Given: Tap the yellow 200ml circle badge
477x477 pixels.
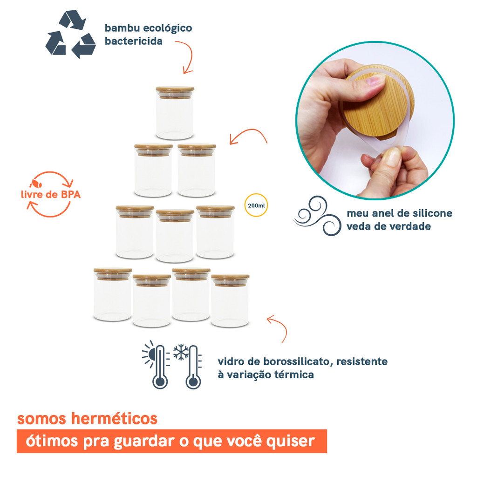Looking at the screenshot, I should pyautogui.click(x=256, y=205).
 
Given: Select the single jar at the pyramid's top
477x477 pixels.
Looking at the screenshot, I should pyautogui.click(x=175, y=113).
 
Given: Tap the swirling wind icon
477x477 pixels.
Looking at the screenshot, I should pyautogui.click(x=317, y=217).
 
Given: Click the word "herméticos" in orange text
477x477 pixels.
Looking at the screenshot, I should pyautogui.click(x=116, y=418).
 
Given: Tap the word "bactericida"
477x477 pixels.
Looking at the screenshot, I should pyautogui.click(x=134, y=41).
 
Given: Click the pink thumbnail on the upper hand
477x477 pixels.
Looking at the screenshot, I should pyautogui.click(x=375, y=83).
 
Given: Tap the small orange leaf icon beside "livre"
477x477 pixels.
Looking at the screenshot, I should pyautogui.click(x=36, y=183).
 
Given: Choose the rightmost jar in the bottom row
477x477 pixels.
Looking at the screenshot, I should pyautogui.click(x=230, y=300).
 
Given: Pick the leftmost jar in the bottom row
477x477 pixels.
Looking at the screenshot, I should pyautogui.click(x=113, y=294).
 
